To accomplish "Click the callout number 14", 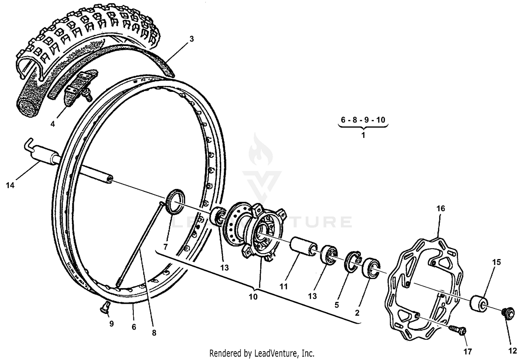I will point(10,185).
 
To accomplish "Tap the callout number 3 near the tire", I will point(191,39).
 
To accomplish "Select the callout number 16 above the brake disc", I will point(441,208).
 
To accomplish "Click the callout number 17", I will point(467,351).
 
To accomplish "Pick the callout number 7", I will point(166,247).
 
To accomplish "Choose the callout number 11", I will point(283,286).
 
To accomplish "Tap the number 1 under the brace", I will point(363,135).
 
